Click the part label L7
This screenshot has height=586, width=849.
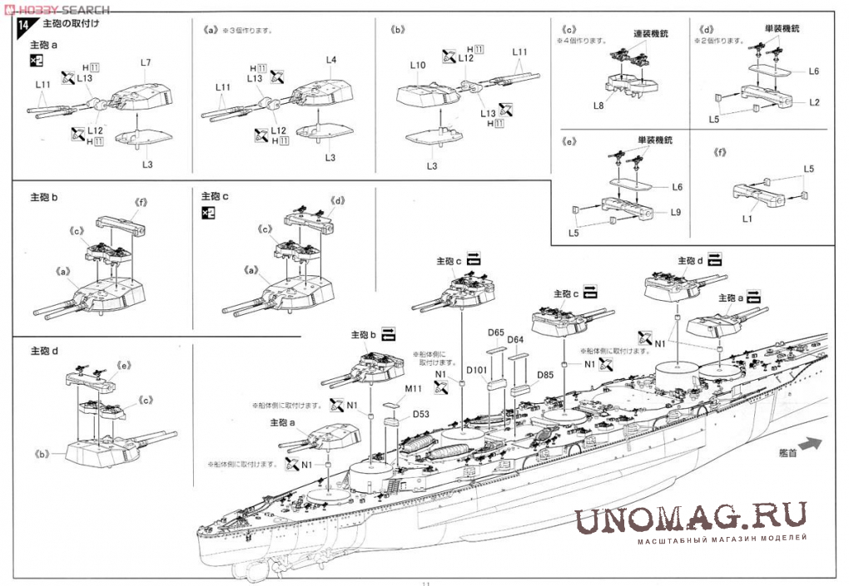click(x=146, y=63)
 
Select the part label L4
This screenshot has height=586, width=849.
click(x=331, y=60)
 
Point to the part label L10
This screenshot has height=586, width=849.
click(x=418, y=65)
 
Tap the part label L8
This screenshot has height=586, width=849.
click(x=598, y=106)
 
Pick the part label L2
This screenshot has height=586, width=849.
click(x=814, y=101)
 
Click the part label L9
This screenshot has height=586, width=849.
click(x=676, y=212)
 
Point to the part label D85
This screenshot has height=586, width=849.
click(x=545, y=374)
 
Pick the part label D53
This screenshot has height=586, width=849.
click(x=420, y=414)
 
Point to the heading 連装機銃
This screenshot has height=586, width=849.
click(x=651, y=33)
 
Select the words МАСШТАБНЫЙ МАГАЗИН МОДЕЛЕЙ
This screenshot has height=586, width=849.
click(x=722, y=541)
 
